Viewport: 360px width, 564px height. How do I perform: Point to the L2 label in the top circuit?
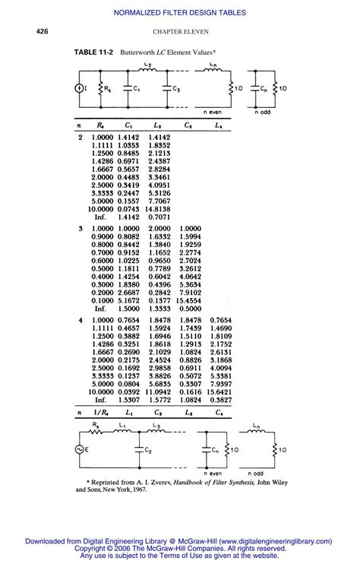(149, 68)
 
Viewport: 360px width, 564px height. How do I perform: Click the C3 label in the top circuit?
(176, 89)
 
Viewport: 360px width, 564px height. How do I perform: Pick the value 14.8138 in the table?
(156, 208)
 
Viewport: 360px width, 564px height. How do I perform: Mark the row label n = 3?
(81, 228)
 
